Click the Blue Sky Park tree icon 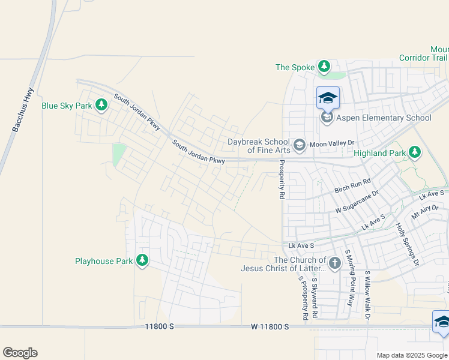(101, 106)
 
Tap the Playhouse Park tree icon (142, 260)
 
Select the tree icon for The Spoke (324, 67)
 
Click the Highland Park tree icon (414, 153)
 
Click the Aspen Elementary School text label (384, 118)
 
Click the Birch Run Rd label (353, 187)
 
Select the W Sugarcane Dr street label (357, 202)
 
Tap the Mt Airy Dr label (424, 212)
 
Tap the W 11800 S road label (270, 326)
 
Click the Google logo (20, 353)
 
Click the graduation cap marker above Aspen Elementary (328, 98)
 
